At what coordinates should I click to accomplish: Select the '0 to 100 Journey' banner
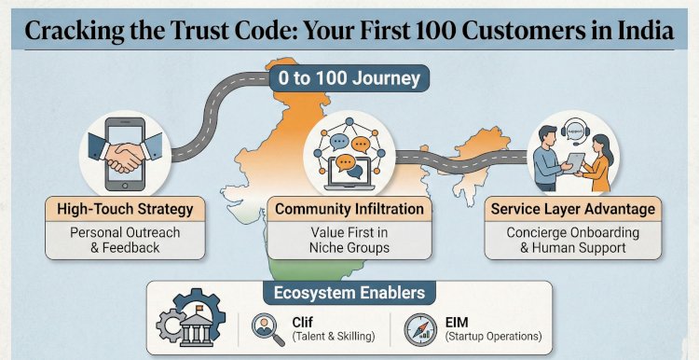[349, 77]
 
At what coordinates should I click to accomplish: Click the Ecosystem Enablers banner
[350, 293]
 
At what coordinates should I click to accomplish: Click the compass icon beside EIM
[418, 326]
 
